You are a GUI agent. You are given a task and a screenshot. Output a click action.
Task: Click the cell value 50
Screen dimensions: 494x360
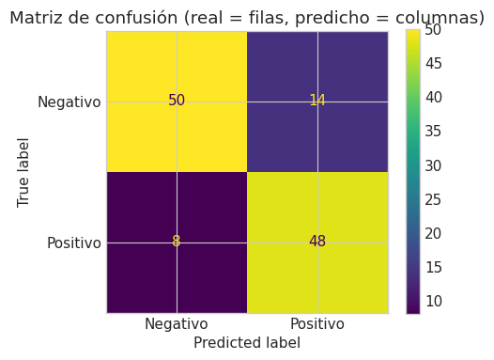click(x=177, y=101)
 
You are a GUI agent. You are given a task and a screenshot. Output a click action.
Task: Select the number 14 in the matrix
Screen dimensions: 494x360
click(x=317, y=101)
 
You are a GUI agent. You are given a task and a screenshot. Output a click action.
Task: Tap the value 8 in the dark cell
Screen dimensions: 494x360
click(x=177, y=242)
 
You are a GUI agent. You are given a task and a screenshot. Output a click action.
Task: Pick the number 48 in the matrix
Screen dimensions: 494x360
click(x=317, y=242)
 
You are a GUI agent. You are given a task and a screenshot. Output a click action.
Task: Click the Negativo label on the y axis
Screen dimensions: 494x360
click(x=69, y=102)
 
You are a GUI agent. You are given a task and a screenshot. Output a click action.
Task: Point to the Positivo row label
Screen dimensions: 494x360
click(x=74, y=243)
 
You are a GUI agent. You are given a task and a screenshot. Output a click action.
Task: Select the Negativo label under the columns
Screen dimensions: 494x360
click(x=177, y=324)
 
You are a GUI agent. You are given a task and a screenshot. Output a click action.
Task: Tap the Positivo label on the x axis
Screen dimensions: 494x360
click(x=317, y=324)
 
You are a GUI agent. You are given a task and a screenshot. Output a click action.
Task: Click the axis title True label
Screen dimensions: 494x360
click(x=23, y=172)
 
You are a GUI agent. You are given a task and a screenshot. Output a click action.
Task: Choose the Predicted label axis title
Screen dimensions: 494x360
click(x=247, y=343)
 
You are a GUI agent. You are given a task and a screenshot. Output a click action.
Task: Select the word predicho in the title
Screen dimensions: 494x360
click(x=332, y=18)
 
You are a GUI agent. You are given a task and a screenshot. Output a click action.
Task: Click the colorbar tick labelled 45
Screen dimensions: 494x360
click(x=434, y=63)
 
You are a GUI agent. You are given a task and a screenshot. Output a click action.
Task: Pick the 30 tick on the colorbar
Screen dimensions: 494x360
click(x=434, y=165)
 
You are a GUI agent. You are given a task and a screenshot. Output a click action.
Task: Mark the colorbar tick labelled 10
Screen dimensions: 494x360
click(x=434, y=302)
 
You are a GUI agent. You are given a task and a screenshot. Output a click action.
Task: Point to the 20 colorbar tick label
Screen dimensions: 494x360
click(x=434, y=233)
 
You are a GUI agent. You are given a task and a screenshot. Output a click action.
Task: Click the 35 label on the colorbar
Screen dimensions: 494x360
click(x=434, y=132)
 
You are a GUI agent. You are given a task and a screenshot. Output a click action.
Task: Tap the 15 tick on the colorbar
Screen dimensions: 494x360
click(x=434, y=267)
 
